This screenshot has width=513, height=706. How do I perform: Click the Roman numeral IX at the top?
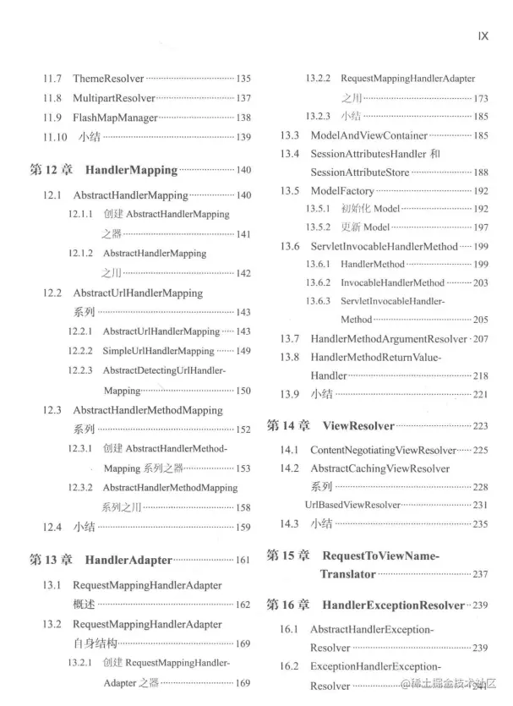(x=485, y=36)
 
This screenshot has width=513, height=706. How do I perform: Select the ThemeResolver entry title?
(x=108, y=79)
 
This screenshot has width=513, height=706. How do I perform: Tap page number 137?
(x=243, y=98)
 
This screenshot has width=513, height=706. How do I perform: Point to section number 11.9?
(x=52, y=118)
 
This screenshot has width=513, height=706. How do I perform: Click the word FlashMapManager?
(x=115, y=118)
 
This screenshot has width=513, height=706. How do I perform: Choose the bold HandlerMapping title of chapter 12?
(x=131, y=170)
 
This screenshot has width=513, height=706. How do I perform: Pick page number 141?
(x=243, y=234)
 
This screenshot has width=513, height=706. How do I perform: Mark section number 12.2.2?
(x=81, y=351)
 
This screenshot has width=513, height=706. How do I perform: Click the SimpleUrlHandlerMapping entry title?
(x=159, y=351)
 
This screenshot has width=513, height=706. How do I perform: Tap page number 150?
(x=243, y=391)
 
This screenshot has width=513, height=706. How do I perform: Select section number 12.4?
(x=52, y=528)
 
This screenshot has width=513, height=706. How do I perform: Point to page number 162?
(x=243, y=605)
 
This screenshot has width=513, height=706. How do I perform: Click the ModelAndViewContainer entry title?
(x=368, y=135)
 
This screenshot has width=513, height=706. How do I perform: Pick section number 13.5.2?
(x=318, y=227)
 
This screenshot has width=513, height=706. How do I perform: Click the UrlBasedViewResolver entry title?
(x=352, y=505)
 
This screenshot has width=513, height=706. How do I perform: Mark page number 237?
(x=481, y=574)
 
